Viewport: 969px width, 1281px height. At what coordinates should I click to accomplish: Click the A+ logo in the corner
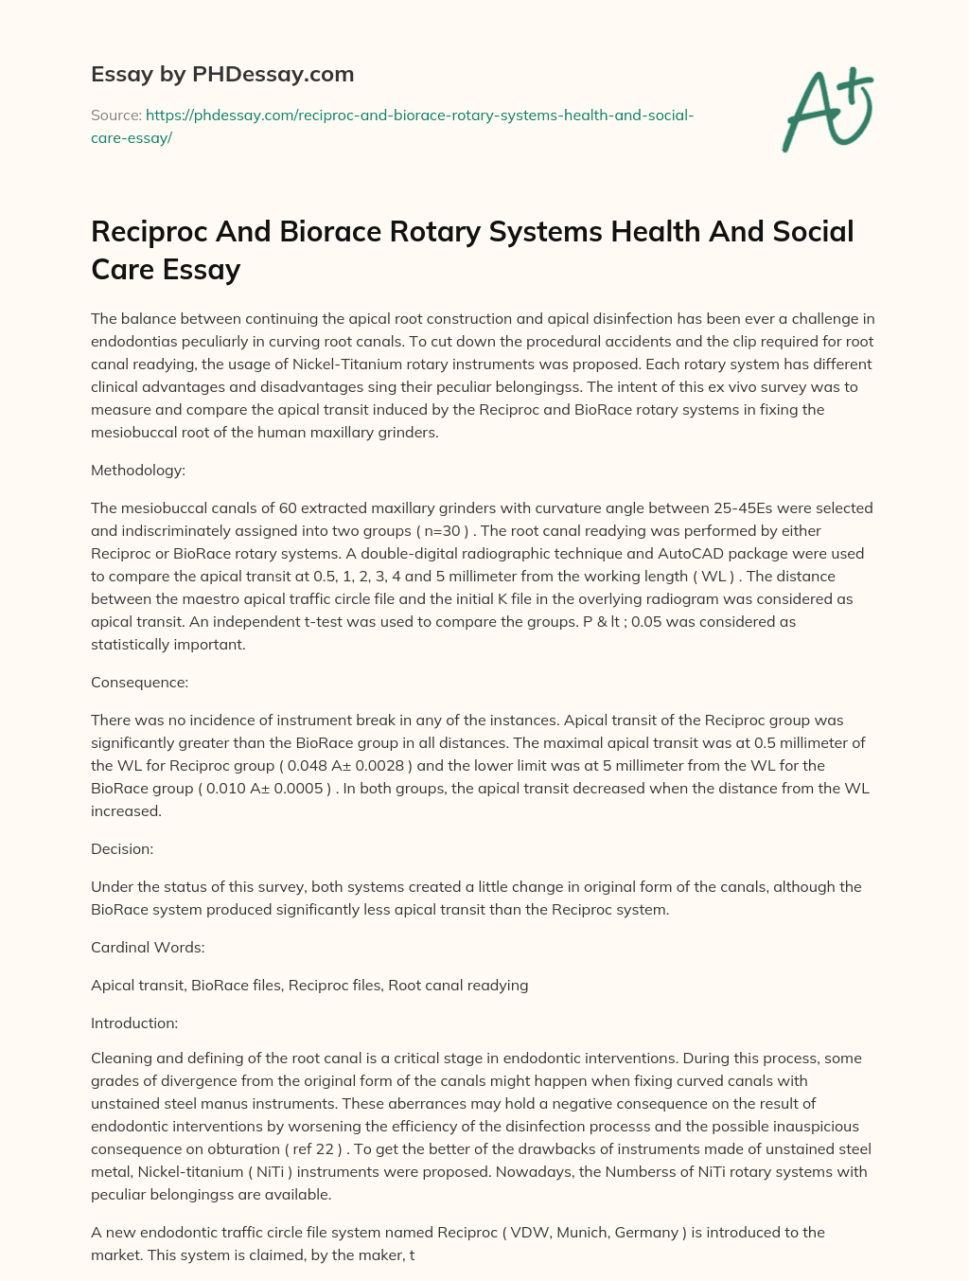pyautogui.click(x=827, y=110)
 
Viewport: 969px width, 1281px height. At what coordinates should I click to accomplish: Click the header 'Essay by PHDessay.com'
pyautogui.click(x=222, y=74)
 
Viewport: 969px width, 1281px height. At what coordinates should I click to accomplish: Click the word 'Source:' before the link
pyautogui.click(x=116, y=116)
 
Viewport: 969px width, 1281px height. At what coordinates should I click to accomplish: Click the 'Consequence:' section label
pyautogui.click(x=139, y=682)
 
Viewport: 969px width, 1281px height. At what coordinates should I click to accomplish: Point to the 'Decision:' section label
pyautogui.click(x=122, y=848)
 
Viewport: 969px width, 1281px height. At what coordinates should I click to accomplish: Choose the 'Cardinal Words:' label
pyautogui.click(x=148, y=947)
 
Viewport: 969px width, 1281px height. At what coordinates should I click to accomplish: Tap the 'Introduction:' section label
pyautogui.click(x=134, y=1023)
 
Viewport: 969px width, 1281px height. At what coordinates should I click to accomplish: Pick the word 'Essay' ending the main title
pyautogui.click(x=202, y=270)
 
